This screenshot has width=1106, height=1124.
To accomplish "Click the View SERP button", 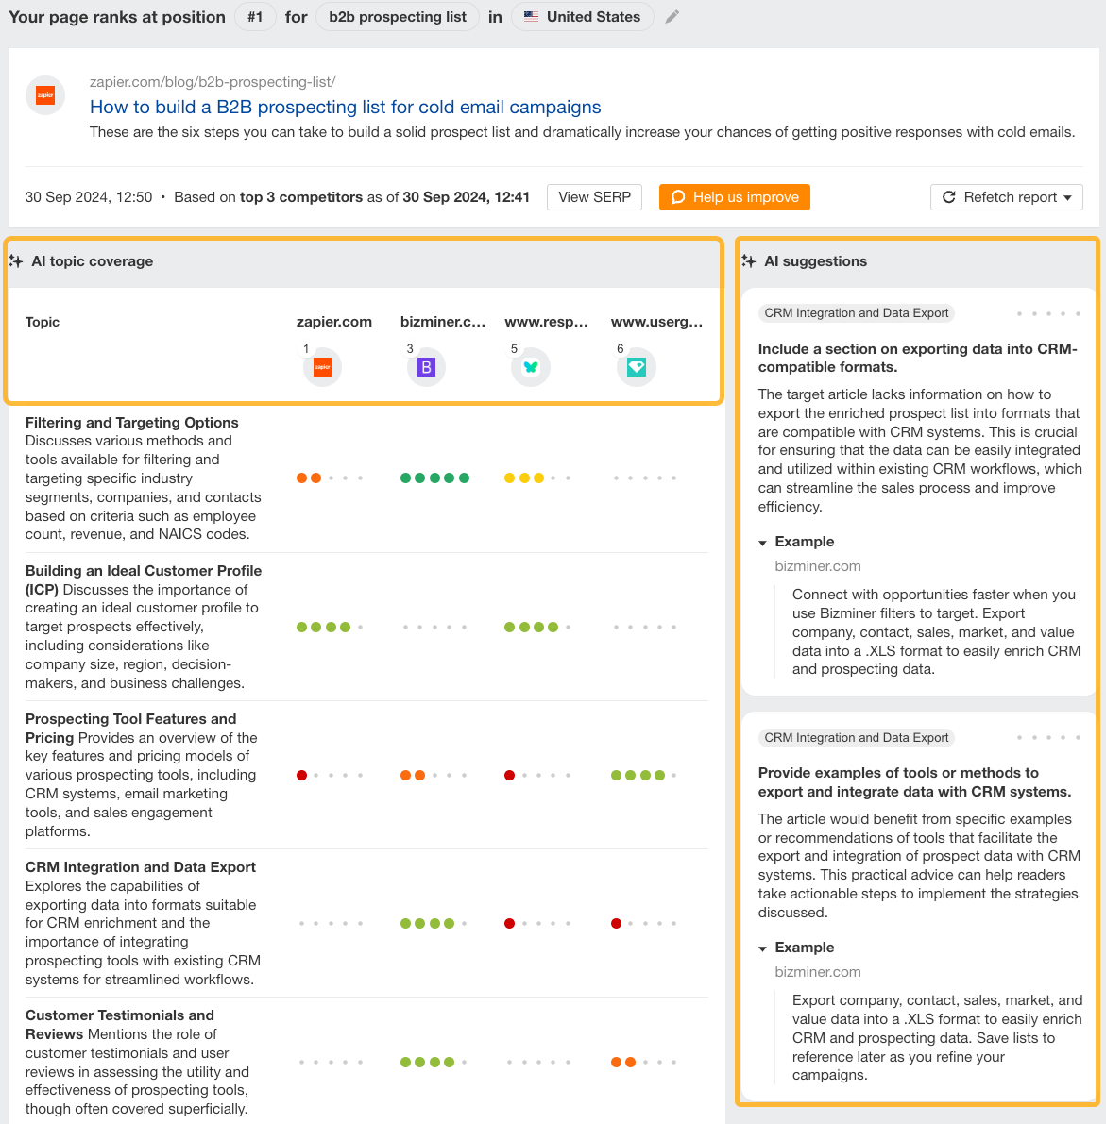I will (x=594, y=197).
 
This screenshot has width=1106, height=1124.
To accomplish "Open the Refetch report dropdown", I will (x=1007, y=197).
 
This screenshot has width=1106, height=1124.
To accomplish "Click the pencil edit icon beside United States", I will (x=672, y=17).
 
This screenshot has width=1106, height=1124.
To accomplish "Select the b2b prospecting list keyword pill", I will (x=398, y=17).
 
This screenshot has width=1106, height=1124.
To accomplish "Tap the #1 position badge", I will (x=255, y=17).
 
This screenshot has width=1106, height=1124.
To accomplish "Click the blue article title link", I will (x=345, y=107).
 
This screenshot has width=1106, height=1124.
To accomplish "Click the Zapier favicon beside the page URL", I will (x=45, y=95).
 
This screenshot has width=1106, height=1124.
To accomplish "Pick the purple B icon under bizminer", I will (x=426, y=367).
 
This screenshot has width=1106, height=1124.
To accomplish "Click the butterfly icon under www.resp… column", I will (x=531, y=367).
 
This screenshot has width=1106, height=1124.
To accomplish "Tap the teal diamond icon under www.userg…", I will (x=637, y=367).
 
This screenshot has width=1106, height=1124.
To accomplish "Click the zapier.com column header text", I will (x=334, y=322).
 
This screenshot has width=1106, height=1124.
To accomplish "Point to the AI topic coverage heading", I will (x=92, y=261).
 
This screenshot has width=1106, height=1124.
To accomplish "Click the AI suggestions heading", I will (x=815, y=261).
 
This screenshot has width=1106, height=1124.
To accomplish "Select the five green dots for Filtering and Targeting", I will (x=434, y=478).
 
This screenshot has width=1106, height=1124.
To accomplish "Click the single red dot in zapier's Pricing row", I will (x=302, y=775).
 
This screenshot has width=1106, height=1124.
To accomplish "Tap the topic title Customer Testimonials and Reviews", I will (x=120, y=1024).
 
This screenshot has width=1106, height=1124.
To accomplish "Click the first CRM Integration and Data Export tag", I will (x=857, y=313).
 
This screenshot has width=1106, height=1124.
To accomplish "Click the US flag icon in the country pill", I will (x=532, y=17).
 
